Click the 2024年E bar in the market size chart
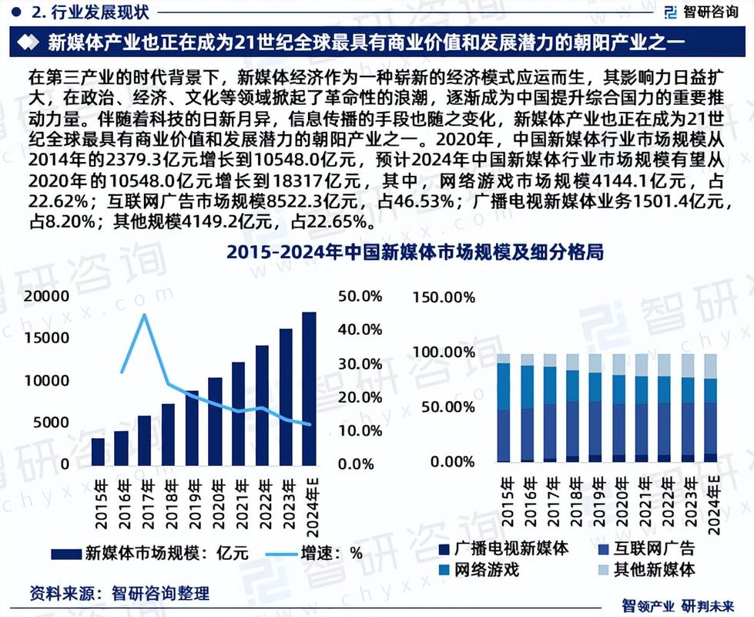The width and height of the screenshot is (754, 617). [309, 389]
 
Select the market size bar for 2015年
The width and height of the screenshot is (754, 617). [98, 451]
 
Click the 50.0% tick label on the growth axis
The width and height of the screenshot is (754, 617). [360, 296]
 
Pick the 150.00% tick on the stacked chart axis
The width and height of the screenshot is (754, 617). [444, 297]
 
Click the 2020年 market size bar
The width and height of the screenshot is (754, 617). [215, 421]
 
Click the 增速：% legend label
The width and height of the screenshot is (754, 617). [331, 553]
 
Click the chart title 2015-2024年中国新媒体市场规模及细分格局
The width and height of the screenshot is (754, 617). [415, 253]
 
